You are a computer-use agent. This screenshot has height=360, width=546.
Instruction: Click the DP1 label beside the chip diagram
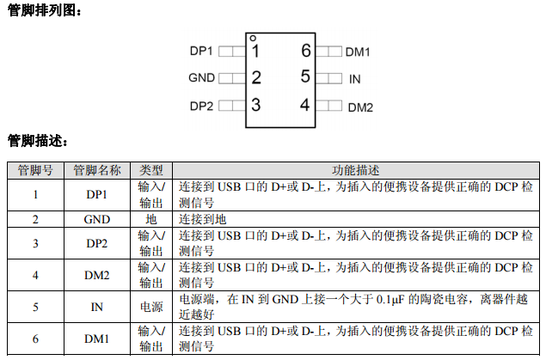[x=201, y=52]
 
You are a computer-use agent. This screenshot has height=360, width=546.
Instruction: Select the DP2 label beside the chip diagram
[x=201, y=107]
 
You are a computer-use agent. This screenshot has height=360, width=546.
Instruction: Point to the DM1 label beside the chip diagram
[x=358, y=52]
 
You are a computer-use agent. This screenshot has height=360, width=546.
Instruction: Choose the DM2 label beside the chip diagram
[x=359, y=107]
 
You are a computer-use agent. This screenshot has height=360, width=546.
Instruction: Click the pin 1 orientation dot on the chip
[x=252, y=39]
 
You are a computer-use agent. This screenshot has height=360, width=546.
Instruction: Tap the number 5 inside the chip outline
[x=305, y=77]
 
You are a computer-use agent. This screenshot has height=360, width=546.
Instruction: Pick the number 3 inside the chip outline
[x=255, y=106]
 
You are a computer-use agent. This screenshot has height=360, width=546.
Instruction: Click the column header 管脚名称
[x=97, y=170]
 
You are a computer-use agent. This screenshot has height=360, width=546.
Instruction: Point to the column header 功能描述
[x=356, y=170]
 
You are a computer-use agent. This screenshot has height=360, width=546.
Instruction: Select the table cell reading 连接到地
[x=202, y=219]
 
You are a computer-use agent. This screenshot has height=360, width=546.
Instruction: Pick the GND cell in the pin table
[x=97, y=219]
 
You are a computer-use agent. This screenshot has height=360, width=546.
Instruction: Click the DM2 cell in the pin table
[x=97, y=276]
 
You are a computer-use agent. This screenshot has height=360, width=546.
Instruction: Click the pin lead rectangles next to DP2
[x=230, y=107]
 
